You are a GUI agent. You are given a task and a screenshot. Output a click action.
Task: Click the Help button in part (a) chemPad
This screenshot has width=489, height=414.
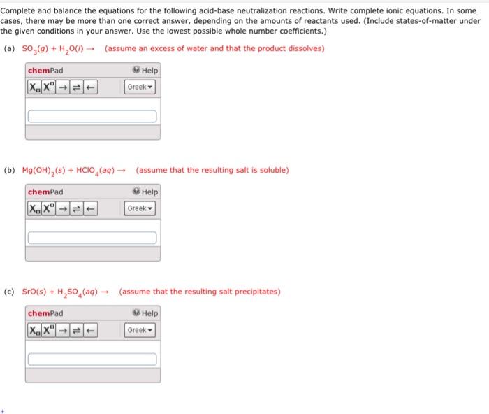146,71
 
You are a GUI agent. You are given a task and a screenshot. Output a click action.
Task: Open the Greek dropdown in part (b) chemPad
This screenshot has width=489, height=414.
140,208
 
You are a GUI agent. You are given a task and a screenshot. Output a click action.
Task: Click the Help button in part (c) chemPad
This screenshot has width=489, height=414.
146,313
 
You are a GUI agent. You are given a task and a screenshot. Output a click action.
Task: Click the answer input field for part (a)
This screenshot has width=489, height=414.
92,116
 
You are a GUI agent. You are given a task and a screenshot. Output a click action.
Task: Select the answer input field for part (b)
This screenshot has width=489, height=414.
92,238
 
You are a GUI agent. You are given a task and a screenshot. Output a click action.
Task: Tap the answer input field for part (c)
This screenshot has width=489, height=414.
92,359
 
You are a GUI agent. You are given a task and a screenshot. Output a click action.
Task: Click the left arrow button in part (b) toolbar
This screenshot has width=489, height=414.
90,208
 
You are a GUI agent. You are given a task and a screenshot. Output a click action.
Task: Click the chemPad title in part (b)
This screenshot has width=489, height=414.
45,192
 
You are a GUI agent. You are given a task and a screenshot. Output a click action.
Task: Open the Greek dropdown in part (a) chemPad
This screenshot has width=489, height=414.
140,87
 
